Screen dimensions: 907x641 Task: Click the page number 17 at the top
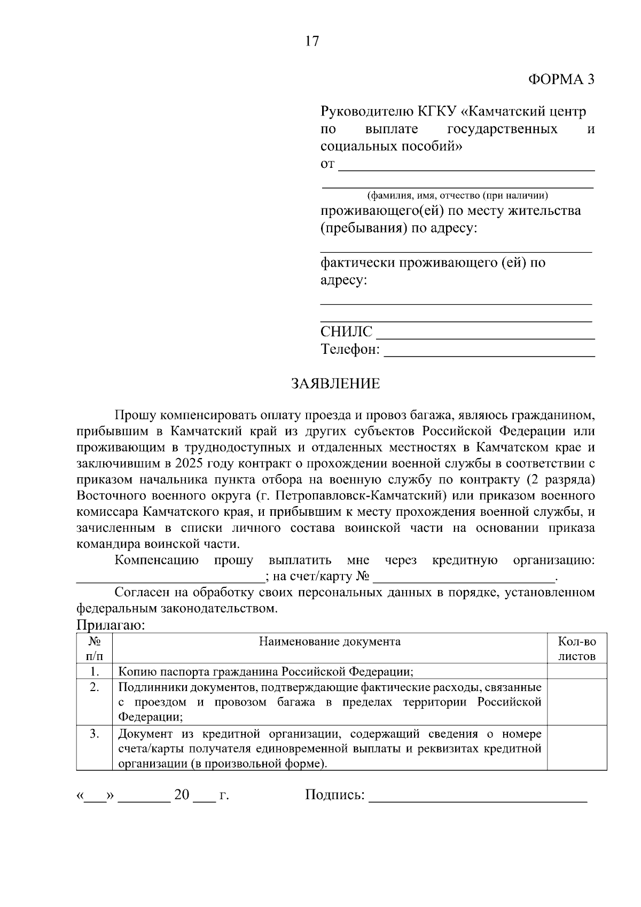pos(312,41)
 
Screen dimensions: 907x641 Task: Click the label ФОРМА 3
pos(561,80)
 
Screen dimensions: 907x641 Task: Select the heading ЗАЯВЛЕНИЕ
pos(335,384)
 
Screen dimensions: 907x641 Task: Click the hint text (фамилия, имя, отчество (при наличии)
pos(457,196)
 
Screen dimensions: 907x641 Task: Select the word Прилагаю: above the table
pos(111,625)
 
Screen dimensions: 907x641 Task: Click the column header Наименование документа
pos(330,641)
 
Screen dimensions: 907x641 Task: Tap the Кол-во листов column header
pos(577,649)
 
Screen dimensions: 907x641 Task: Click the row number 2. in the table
pos(95,687)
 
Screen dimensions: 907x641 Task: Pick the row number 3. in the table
pos(95,734)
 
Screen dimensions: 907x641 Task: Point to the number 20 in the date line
pos(182,795)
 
